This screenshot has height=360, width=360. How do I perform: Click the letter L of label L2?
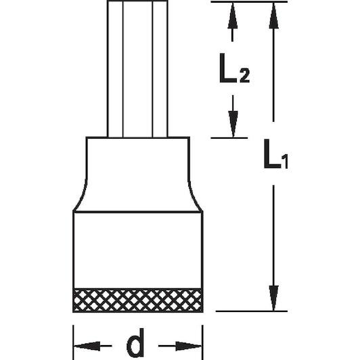(x=227, y=68)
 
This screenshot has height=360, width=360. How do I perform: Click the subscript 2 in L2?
(x=244, y=76)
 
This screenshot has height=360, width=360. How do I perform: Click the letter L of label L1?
(x=271, y=154)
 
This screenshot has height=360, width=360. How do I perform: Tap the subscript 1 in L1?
(x=285, y=162)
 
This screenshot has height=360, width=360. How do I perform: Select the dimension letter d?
(x=135, y=343)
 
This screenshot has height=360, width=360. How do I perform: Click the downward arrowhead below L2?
(x=233, y=124)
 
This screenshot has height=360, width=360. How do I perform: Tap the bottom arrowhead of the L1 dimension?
(x=273, y=298)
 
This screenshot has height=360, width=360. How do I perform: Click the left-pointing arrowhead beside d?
(x=87, y=346)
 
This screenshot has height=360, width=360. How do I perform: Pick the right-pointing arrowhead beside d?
(x=189, y=346)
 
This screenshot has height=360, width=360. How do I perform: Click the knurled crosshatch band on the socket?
(x=138, y=300)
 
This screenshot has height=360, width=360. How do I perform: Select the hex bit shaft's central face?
(x=138, y=69)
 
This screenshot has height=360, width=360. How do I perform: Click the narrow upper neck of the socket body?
(x=138, y=158)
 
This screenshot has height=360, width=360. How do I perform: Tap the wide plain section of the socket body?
(x=138, y=250)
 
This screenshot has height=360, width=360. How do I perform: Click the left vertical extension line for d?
(x=73, y=342)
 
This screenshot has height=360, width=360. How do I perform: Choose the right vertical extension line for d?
(x=202, y=342)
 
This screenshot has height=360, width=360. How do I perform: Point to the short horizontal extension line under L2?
(x=229, y=138)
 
